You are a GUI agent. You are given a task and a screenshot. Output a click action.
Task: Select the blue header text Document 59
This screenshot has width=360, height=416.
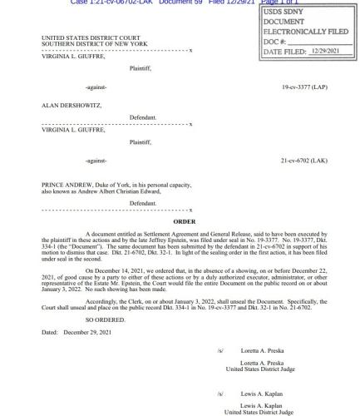click(165, 2)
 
